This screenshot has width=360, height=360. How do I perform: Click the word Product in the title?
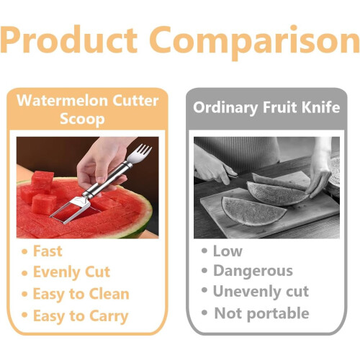(69, 40)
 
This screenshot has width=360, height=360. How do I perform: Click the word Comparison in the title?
(255, 42)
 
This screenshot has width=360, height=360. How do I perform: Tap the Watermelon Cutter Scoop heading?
(88, 109)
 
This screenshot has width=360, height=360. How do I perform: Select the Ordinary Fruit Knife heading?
(266, 107)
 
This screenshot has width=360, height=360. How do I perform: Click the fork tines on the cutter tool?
(140, 153)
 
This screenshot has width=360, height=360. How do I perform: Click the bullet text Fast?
(48, 251)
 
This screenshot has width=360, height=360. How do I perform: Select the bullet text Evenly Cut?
(71, 272)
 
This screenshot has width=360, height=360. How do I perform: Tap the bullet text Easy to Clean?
(81, 294)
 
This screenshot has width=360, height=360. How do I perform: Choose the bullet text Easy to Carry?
(81, 316)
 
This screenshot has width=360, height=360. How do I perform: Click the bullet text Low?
(228, 251)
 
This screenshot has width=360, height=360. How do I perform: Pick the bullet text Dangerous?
(253, 271)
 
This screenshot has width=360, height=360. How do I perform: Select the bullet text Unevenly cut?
(261, 292)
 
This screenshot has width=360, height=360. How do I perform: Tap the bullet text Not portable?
(261, 313)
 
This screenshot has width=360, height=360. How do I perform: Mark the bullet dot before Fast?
(24, 251)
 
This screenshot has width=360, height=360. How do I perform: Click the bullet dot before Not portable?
(204, 313)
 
